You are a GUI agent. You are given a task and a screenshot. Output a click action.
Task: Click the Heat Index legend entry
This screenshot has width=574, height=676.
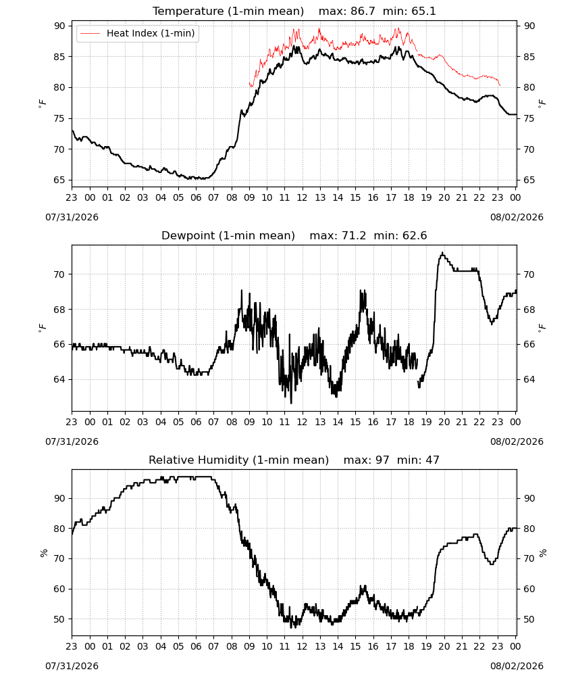pos(137,33)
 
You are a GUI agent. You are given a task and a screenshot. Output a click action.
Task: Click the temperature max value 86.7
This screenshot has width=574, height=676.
pos(363,11)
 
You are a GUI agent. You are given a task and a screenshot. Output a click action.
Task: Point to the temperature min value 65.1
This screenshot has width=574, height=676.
pos(423,11)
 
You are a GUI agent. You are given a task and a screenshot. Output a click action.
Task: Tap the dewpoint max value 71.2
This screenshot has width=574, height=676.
pos(354,236)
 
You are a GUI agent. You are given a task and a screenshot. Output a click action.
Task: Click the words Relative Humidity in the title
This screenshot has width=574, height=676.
pos(199,460)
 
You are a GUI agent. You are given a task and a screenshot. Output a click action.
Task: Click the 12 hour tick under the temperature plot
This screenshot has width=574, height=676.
pos(303,197)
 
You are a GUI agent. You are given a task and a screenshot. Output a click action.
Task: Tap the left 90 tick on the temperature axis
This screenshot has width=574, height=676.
pos(60,26)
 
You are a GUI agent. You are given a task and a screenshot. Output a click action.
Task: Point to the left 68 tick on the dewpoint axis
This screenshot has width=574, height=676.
pos(60,310)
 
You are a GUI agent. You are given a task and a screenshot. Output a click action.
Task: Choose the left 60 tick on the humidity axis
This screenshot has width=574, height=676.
pos(60,589)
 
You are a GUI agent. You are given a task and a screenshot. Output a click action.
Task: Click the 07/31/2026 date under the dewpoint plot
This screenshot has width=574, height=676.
pos(72,441)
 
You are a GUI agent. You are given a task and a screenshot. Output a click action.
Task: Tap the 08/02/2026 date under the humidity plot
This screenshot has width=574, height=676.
pos(517,666)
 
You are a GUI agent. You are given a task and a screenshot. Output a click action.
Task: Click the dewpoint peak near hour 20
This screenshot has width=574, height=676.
pos(442,253)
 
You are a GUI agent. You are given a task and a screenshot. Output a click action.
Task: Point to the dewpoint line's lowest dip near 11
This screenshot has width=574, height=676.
pos(291,403)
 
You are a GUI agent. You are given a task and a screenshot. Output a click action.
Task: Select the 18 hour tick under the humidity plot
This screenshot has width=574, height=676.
pos(409,646)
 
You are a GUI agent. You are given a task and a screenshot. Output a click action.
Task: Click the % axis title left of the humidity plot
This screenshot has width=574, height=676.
pos(43,553)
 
